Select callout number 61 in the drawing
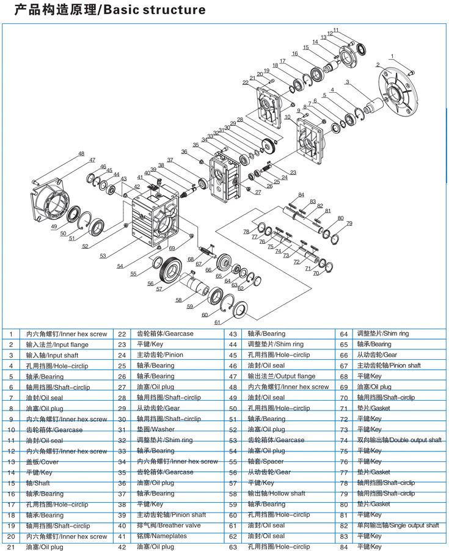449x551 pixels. pos(217,322)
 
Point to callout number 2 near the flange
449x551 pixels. pos(378,64)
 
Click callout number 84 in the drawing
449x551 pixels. pos(301,195)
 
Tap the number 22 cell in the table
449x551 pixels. pos(122,334)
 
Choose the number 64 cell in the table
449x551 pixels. pos(344,334)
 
